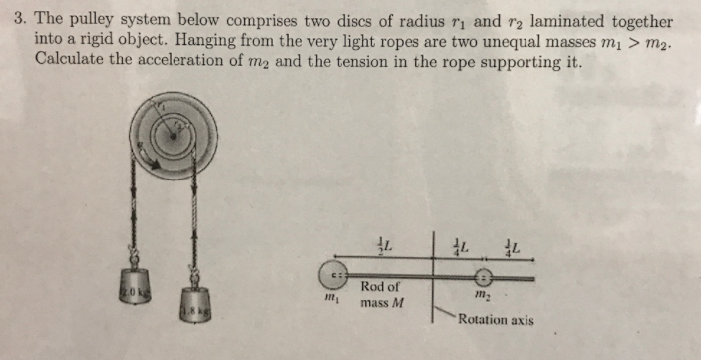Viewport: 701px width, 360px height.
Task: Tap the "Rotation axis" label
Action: tap(496, 320)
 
